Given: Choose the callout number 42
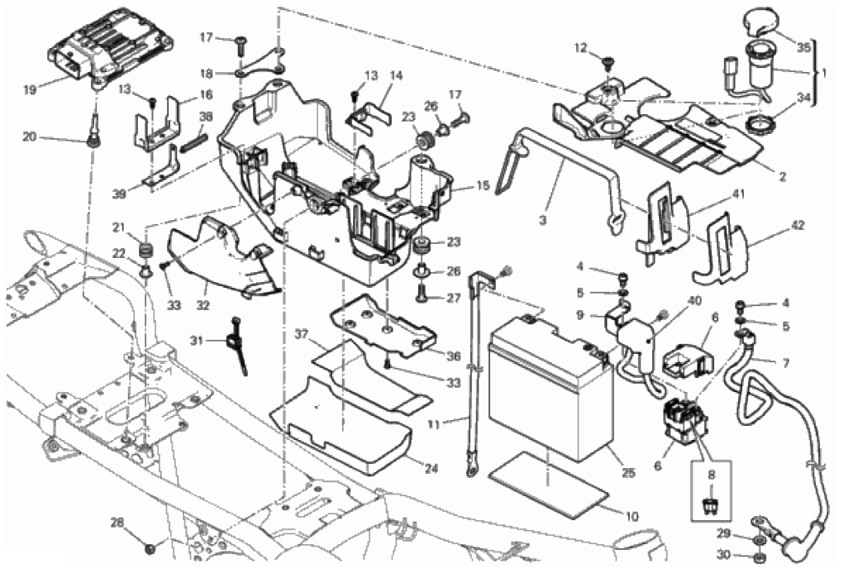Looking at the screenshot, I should coord(797,225).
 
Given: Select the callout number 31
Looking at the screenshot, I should coord(195,339).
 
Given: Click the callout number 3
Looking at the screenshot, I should coord(542,220).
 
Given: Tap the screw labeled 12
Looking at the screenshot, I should coord(608,63).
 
